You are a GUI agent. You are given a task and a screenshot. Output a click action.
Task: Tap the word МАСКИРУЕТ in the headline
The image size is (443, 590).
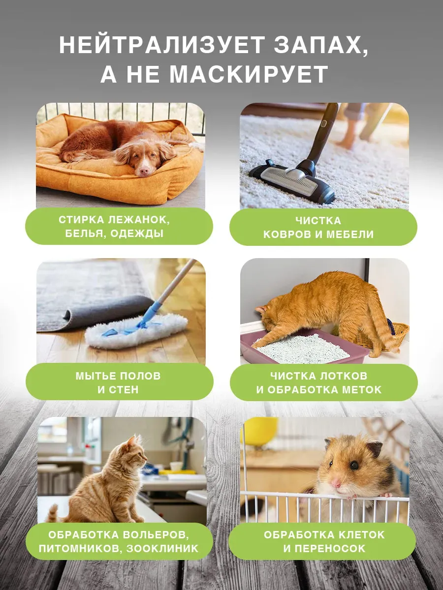coord(249,74)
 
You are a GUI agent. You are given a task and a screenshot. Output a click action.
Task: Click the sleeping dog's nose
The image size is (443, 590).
coord(144,170)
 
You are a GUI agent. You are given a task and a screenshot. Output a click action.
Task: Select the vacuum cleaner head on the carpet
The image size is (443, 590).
coord(292,180)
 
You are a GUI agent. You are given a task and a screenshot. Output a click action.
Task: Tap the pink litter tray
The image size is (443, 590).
coord(304,349)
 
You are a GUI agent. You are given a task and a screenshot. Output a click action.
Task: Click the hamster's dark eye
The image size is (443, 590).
coord(354,465)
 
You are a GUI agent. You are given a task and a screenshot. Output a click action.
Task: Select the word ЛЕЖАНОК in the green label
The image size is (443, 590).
coord(139,220)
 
